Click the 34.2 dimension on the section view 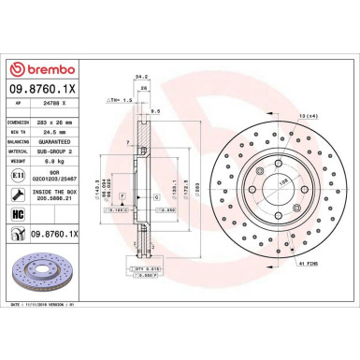click(x=140, y=77)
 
